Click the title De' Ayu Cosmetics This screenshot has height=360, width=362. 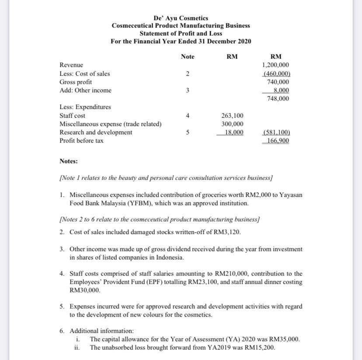pyautogui.click(x=181, y=18)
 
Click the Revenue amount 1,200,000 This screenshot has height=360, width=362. pyautogui.click(x=276, y=65)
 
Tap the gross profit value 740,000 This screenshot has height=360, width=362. pyautogui.click(x=278, y=82)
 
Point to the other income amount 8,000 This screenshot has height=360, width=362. pyautogui.click(x=281, y=91)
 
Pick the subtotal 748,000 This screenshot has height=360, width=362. pyautogui.click(x=278, y=99)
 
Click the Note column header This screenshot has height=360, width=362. pyautogui.click(x=188, y=57)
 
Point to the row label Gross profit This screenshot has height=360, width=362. pyautogui.click(x=76, y=82)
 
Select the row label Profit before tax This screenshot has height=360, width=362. pyautogui.click(x=81, y=141)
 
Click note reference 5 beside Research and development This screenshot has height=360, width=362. pyautogui.click(x=188, y=133)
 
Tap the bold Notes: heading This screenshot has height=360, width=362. pyautogui.click(x=69, y=161)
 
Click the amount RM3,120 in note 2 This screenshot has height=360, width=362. pyautogui.click(x=228, y=231)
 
